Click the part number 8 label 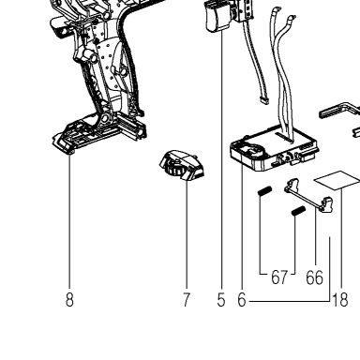click(69, 300)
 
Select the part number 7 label click(186, 300)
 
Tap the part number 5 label click(221, 300)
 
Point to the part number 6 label click(242, 300)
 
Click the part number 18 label click(340, 300)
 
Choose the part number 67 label click(279, 277)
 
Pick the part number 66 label click(314, 277)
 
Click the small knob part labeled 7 click(182, 165)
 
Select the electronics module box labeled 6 click(275, 150)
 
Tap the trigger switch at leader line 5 click(218, 16)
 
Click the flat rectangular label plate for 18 click(337, 180)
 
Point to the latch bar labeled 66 click(309, 195)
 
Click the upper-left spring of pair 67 click(265, 190)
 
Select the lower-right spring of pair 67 click(298, 212)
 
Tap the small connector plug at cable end click(263, 100)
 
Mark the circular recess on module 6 click(254, 151)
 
